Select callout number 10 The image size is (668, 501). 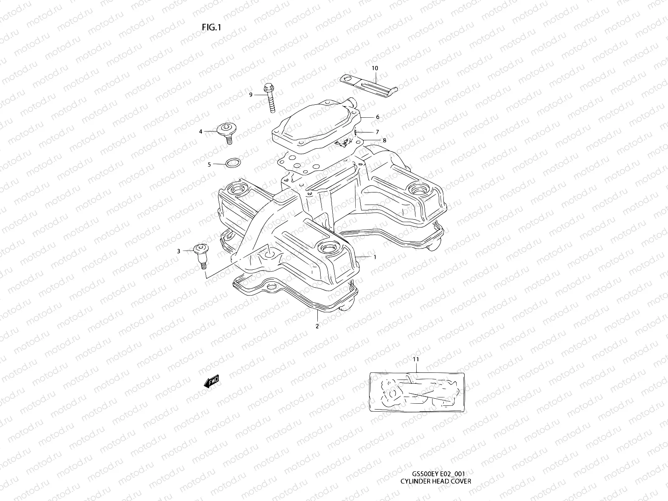(x=374, y=68)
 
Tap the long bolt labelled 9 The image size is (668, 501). (x=269, y=98)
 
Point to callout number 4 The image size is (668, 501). (x=200, y=132)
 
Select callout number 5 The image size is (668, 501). (x=209, y=164)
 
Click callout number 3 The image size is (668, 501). (x=179, y=251)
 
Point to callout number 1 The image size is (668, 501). (x=375, y=257)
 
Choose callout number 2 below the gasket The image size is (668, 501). (x=317, y=326)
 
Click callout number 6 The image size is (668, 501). (x=377, y=117)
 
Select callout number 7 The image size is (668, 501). (x=377, y=132)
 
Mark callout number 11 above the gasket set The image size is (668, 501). (x=415, y=359)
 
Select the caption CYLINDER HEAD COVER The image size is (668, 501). (x=435, y=481)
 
